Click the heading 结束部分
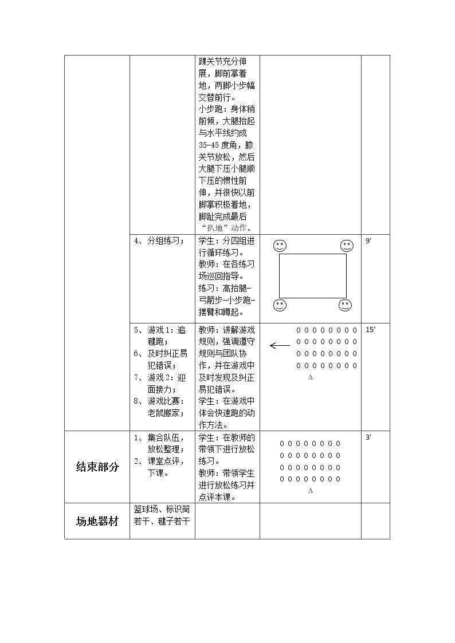click(97, 467)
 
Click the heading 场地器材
click(97, 521)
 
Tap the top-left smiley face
click(280, 246)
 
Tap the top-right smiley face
click(347, 246)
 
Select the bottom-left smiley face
click(280, 306)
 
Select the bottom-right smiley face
click(345, 306)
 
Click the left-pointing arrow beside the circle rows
click(280, 346)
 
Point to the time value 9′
click(368, 240)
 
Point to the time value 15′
click(370, 330)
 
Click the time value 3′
click(368, 437)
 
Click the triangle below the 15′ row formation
click(311, 377)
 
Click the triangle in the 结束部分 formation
click(311, 491)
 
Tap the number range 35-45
click(209, 145)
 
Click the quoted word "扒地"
click(214, 228)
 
